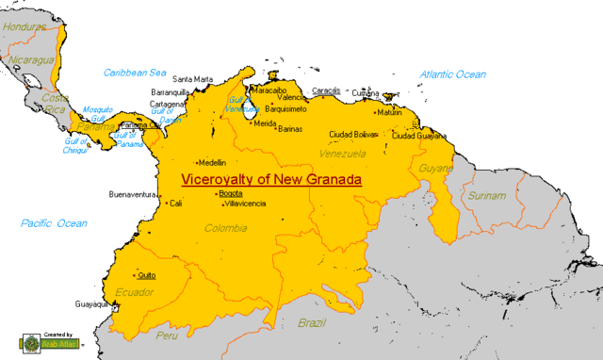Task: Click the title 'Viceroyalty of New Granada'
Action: click(271, 178)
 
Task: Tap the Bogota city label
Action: click(230, 193)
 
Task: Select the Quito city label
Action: click(146, 275)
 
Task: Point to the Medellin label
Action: click(211, 162)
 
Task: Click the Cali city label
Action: click(175, 203)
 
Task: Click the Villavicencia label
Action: click(244, 204)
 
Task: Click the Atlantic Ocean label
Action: click(453, 74)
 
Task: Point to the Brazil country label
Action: click(311, 322)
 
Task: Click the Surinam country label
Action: click(487, 196)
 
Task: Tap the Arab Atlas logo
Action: click(52, 342)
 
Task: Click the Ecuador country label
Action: click(132, 291)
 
